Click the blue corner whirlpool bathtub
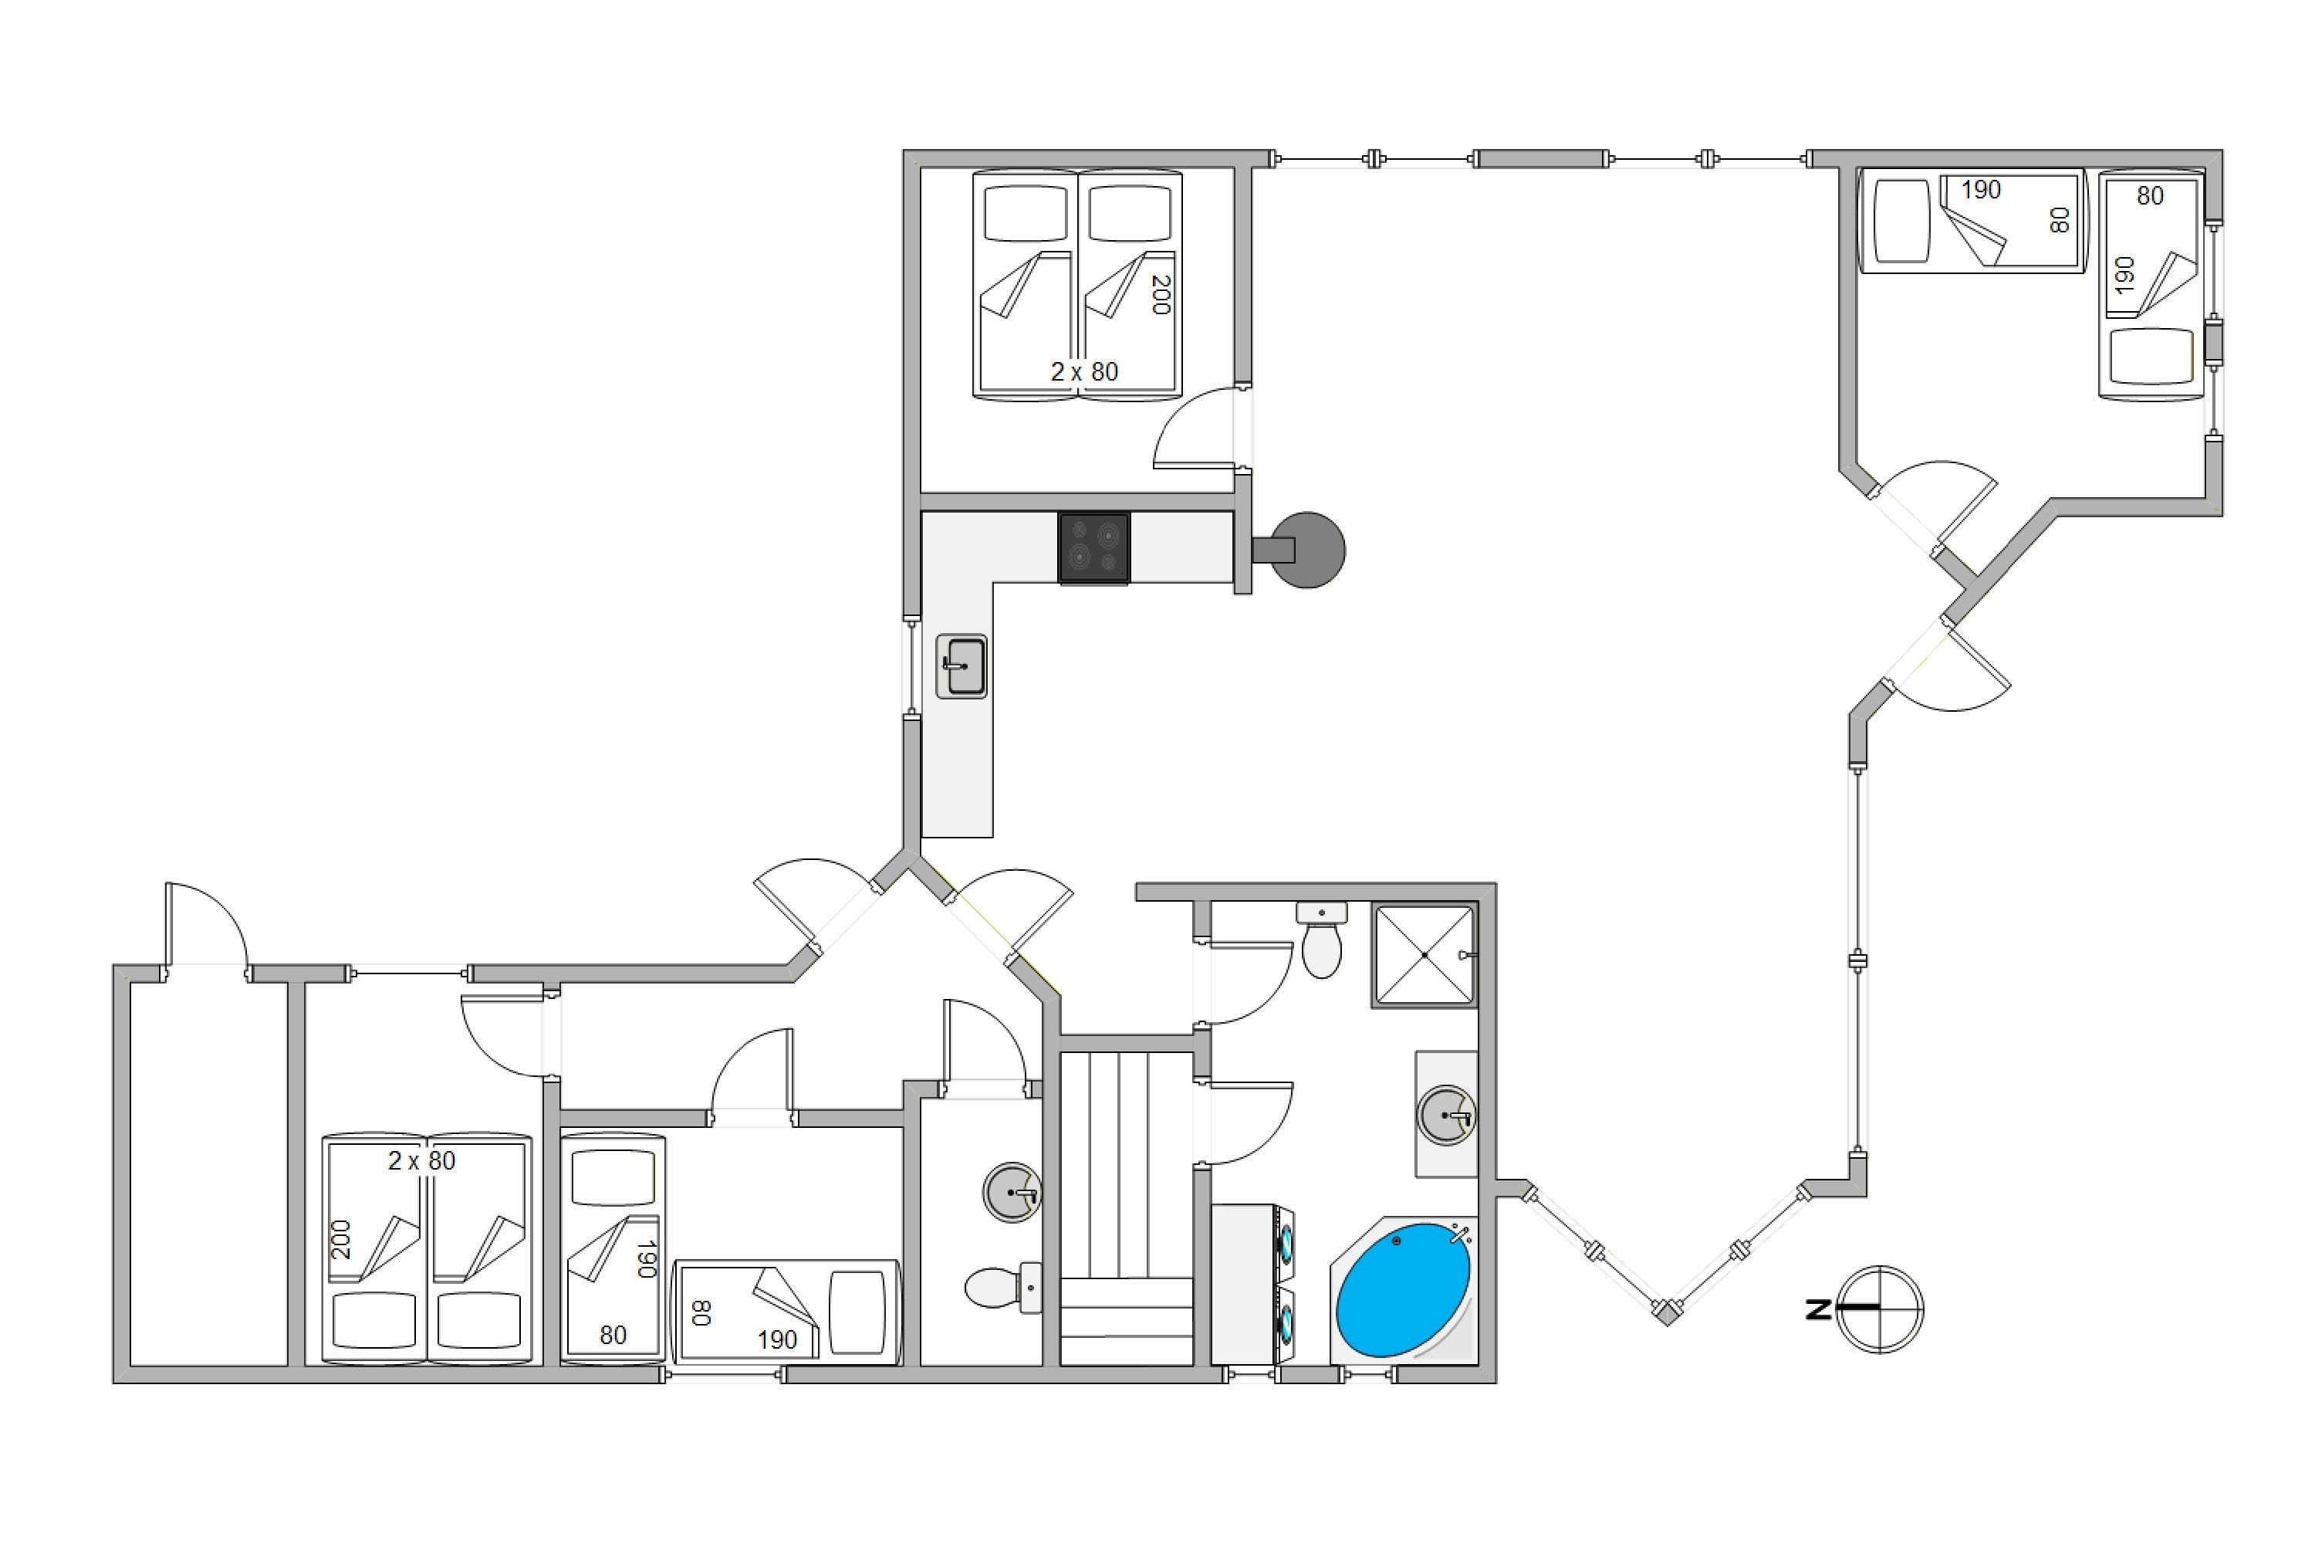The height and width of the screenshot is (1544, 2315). tap(1404, 1290)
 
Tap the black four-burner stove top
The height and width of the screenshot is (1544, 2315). tap(1094, 547)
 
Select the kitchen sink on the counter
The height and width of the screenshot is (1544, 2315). tap(961, 665)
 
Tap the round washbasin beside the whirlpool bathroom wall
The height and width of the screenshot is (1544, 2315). tap(1446, 1116)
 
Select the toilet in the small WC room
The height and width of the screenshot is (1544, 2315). tap(1003, 1287)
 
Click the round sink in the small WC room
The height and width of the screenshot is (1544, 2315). tap(1012, 1193)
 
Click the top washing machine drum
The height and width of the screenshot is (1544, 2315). tap(1286, 1243)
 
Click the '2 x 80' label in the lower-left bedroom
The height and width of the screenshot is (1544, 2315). tap(421, 1161)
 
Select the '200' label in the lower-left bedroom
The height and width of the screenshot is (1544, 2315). tap(340, 1239)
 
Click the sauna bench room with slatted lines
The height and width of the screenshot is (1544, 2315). tap(1127, 1209)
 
